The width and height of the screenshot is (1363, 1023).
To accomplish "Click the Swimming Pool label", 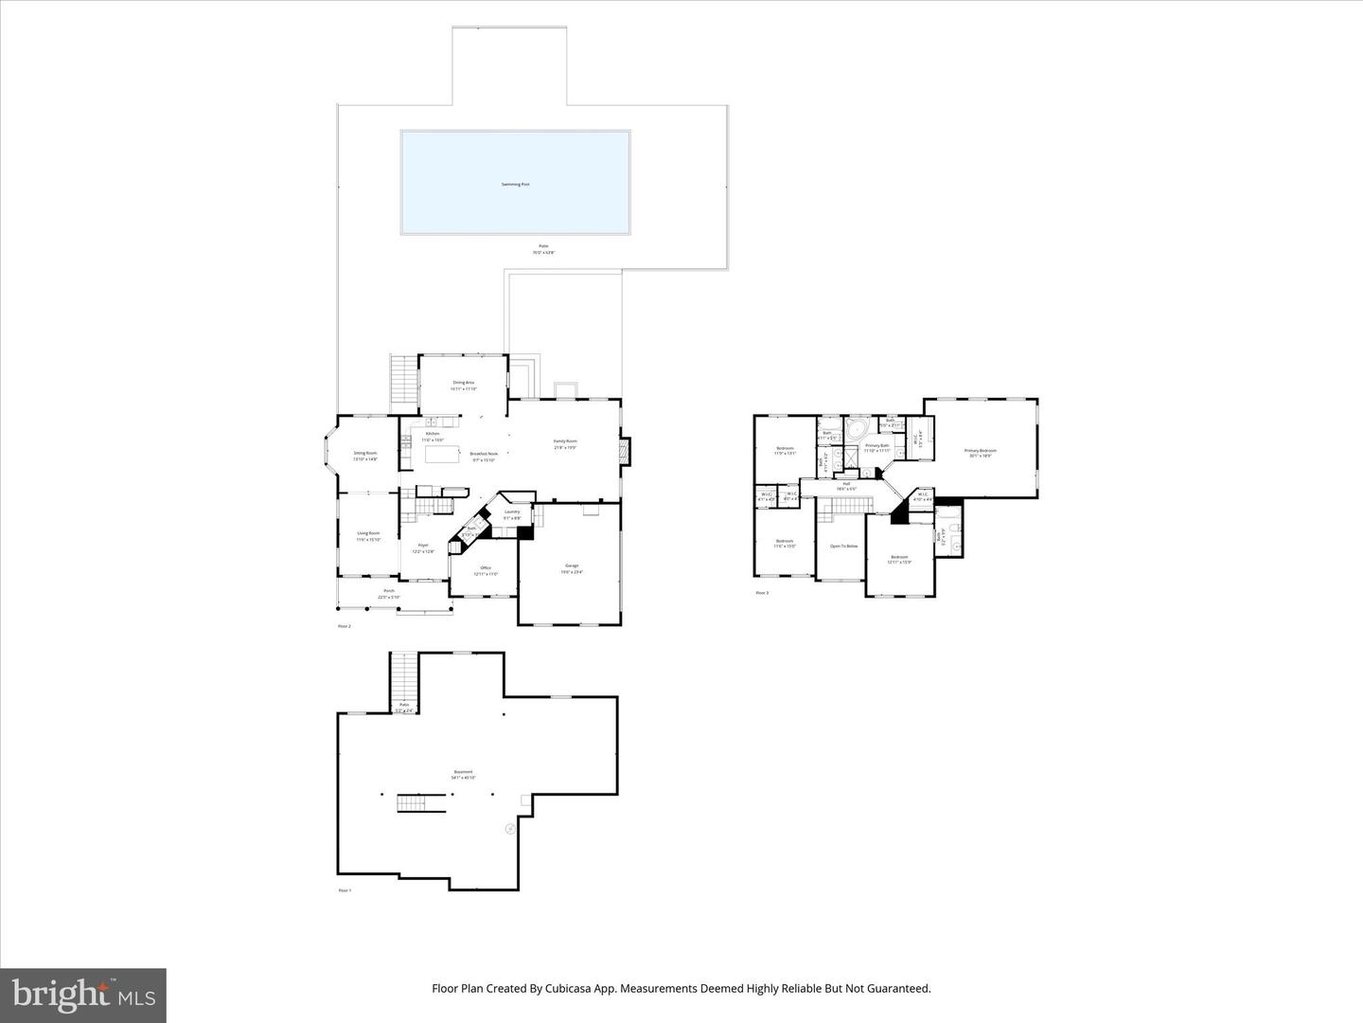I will [515, 184].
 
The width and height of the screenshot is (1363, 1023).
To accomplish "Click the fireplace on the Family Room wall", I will [624, 451].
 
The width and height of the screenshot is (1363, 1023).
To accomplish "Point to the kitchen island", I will [441, 455].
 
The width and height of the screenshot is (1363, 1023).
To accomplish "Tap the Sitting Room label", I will [365, 456].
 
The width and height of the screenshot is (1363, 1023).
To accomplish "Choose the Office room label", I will [486, 570].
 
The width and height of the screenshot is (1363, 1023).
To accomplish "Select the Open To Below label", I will [843, 547].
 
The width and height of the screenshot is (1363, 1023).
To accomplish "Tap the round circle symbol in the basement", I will [510, 829].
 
